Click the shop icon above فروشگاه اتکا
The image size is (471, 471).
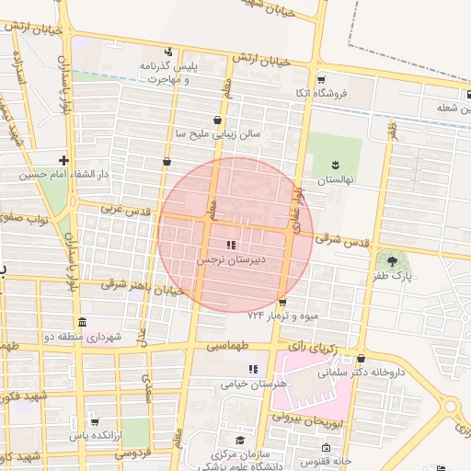(320, 80)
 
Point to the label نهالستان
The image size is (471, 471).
(337, 181)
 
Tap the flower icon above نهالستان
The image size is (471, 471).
(333, 166)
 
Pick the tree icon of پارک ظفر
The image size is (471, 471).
(395, 262)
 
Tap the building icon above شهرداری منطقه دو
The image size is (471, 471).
(83, 323)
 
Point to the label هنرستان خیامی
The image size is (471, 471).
(255, 384)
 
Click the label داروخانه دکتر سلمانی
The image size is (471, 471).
(362, 373)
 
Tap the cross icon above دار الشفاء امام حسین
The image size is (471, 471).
(63, 160)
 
